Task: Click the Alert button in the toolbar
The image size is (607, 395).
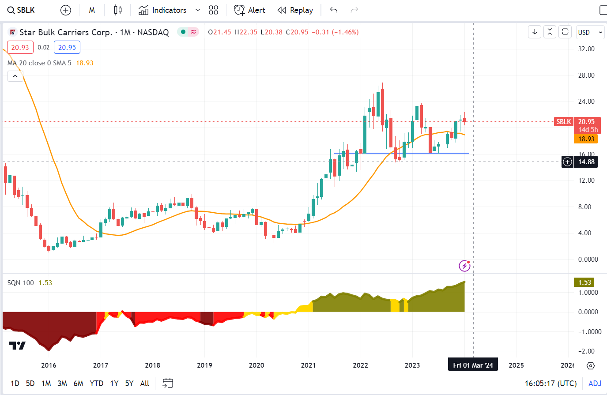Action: pyautogui.click(x=250, y=10)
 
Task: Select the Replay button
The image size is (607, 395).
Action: pyautogui.click(x=295, y=10)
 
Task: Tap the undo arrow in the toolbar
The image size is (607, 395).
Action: pyautogui.click(x=334, y=10)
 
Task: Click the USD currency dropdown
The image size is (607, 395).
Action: pyautogui.click(x=590, y=32)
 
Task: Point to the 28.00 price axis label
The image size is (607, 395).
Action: pyautogui.click(x=586, y=75)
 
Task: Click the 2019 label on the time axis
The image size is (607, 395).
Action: pyautogui.click(x=204, y=365)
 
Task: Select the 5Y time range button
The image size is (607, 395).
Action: pyautogui.click(x=129, y=384)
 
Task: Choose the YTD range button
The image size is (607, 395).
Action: pyautogui.click(x=96, y=384)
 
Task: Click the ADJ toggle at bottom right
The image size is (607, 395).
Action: pyautogui.click(x=595, y=384)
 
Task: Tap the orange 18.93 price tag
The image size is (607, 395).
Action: pyautogui.click(x=586, y=139)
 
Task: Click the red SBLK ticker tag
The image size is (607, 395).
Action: pyautogui.click(x=563, y=122)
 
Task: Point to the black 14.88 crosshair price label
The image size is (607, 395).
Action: pyautogui.click(x=586, y=162)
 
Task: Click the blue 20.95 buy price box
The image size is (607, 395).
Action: pyautogui.click(x=67, y=48)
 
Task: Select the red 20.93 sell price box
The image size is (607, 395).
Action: pyautogui.click(x=20, y=48)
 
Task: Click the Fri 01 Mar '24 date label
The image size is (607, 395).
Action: pyautogui.click(x=473, y=365)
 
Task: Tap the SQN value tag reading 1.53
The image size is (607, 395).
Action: pyautogui.click(x=584, y=282)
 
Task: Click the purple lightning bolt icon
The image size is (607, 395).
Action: pyautogui.click(x=464, y=266)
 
